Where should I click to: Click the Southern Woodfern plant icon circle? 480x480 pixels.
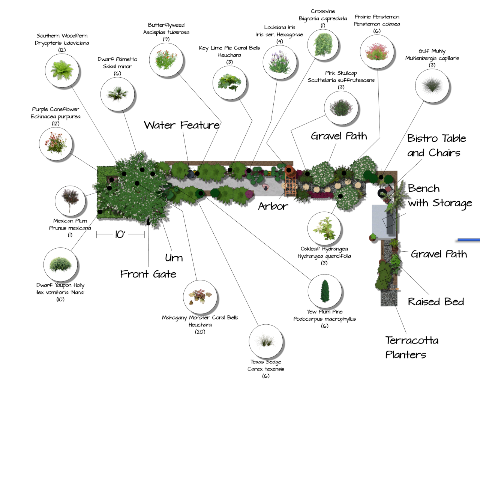[62, 70]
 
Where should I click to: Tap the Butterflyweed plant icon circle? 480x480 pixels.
[166, 60]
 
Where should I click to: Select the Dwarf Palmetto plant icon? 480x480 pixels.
[117, 94]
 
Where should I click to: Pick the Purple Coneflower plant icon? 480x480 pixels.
[56, 144]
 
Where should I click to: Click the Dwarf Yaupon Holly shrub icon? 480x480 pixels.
[60, 265]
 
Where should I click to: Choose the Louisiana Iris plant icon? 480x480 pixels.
[280, 63]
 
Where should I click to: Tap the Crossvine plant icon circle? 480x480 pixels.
[323, 45]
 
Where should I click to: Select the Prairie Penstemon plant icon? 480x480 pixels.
[377, 52]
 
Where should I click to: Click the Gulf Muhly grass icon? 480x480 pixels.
[432, 86]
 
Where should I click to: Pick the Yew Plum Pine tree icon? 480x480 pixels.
[325, 291]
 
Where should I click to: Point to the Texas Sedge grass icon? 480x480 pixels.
[266, 342]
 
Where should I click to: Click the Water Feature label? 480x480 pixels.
[182, 125]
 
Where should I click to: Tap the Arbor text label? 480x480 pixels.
[273, 206]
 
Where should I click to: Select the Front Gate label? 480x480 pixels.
[148, 274]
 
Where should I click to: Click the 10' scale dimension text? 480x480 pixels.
[120, 235]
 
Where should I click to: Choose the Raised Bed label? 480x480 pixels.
[436, 302]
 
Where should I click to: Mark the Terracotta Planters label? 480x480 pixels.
[411, 348]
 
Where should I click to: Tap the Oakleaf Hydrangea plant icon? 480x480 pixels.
[324, 228]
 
